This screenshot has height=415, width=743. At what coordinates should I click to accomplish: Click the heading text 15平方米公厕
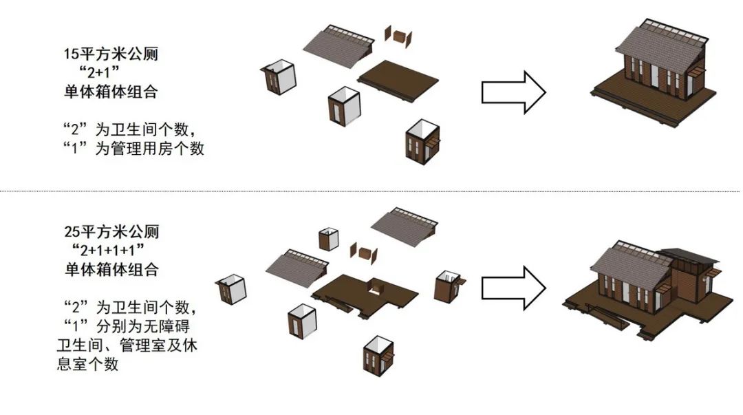[x=111, y=54]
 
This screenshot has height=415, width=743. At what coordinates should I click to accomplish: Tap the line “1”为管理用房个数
[x=130, y=148]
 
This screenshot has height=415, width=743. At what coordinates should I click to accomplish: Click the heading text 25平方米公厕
[x=111, y=232]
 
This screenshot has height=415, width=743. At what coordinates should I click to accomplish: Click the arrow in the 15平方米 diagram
[x=513, y=92]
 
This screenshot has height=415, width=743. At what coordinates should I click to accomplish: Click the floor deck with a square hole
[x=365, y=292]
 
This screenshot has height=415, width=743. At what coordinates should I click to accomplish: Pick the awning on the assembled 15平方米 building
[x=697, y=72]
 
